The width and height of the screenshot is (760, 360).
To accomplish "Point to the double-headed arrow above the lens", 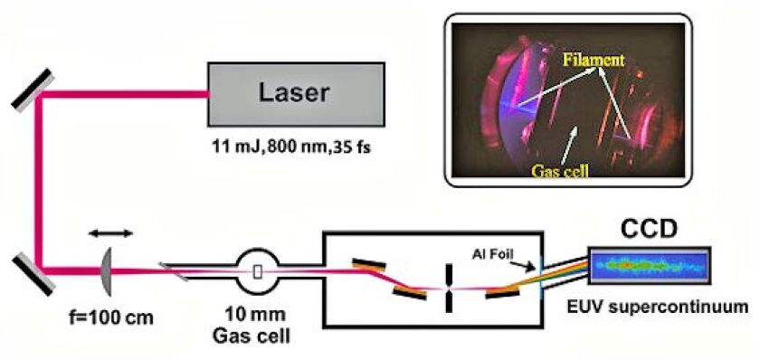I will [x=111, y=232].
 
